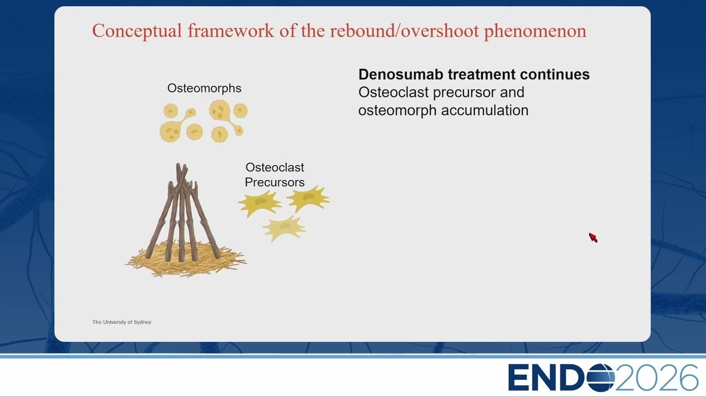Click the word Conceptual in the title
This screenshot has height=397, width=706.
137,31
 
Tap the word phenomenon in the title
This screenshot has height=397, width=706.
535,31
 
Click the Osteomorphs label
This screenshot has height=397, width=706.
204,88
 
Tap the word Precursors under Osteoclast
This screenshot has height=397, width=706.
275,183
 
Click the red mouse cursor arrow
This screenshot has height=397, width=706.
592,237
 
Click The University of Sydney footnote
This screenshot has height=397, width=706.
122,322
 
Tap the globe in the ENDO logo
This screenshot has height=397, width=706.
601,378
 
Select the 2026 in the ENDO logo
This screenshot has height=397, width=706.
656,378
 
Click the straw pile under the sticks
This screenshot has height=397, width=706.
185,260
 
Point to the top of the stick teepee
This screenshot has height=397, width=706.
181,164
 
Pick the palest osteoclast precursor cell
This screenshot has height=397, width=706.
284,228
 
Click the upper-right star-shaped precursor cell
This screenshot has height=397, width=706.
308,198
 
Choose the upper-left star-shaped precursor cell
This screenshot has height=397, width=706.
259,203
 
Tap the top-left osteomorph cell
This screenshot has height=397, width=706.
171,111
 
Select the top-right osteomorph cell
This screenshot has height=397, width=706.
240,111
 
